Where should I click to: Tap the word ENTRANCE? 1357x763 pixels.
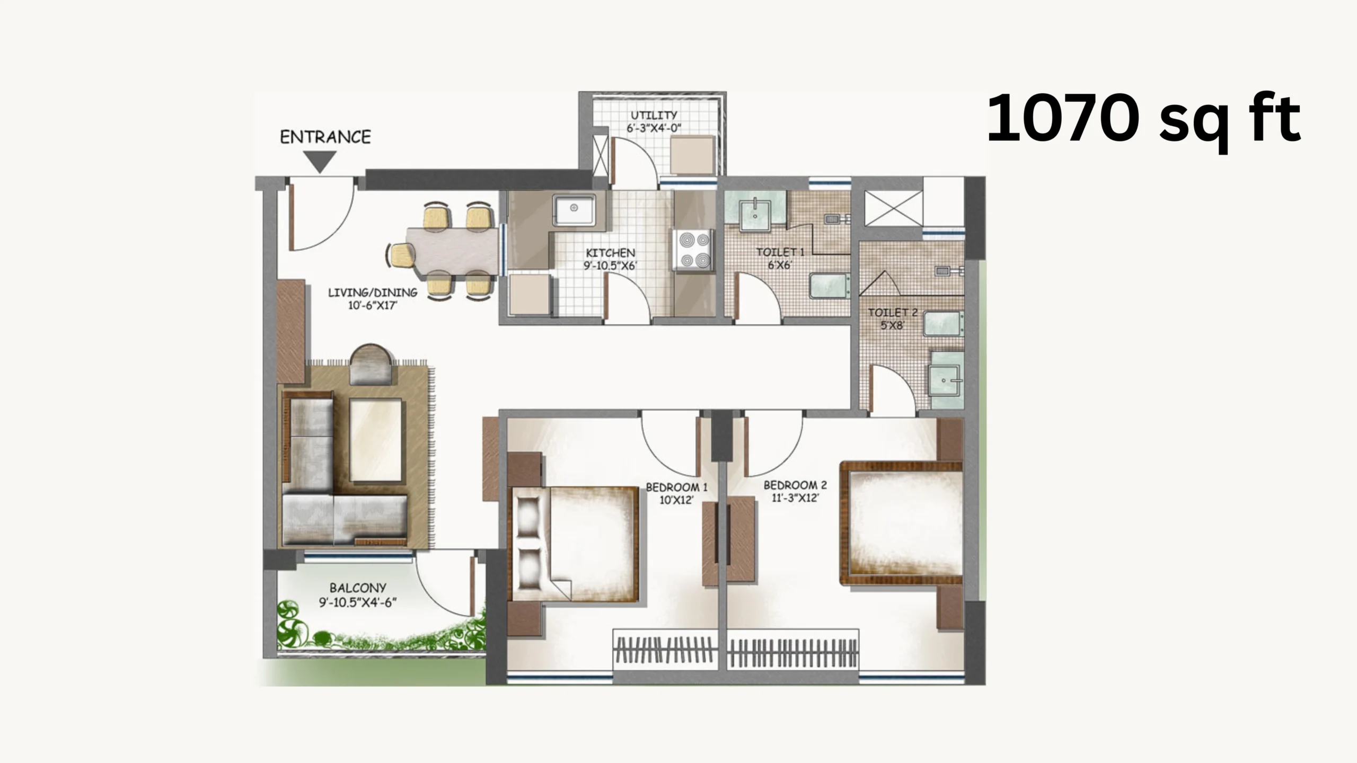325,137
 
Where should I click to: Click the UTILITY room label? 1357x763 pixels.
654,115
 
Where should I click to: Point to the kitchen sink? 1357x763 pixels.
574,209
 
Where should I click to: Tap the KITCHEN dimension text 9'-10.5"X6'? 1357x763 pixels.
610,266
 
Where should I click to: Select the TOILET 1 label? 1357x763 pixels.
780,252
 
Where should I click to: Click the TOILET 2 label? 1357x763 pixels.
893,313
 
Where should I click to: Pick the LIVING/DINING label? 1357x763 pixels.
373,292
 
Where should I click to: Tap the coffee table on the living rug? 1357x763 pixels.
375,440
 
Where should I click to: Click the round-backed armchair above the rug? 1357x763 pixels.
371,365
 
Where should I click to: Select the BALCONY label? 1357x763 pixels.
358,588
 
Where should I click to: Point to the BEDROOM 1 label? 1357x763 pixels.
676,487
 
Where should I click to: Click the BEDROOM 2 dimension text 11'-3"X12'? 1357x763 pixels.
795,498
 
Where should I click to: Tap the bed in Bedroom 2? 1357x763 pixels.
902,523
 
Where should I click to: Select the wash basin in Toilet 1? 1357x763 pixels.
755,215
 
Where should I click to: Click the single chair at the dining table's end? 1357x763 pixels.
402,255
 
